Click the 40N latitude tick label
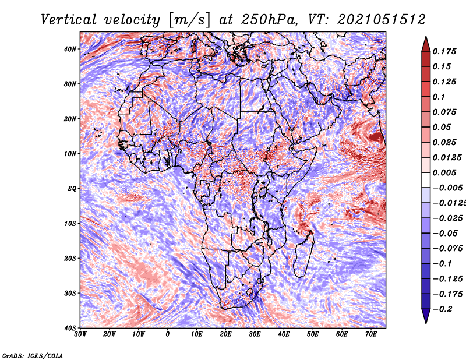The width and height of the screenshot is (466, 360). (x=69, y=49)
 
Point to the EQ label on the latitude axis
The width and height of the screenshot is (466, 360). (x=72, y=189)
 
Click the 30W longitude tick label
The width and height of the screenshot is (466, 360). (x=80, y=334)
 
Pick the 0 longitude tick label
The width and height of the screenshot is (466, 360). (x=168, y=334)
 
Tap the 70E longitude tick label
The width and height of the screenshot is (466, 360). (x=371, y=334)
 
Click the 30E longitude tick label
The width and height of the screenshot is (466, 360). (x=255, y=334)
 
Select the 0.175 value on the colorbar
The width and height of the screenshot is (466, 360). (x=444, y=51)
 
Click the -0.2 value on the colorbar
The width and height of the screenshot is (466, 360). (x=442, y=309)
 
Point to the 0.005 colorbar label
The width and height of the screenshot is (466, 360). (x=444, y=172)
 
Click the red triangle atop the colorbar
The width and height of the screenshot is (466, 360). (x=426, y=44)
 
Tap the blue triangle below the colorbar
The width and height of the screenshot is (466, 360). (x=426, y=316)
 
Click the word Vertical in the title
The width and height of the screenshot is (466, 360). (x=68, y=20)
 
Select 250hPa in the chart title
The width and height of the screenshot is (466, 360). (x=269, y=20)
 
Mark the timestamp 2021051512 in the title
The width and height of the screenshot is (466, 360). (x=382, y=20)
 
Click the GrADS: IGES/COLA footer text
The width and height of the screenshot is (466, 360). (x=33, y=356)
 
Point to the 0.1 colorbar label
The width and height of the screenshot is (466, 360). (x=439, y=97)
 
